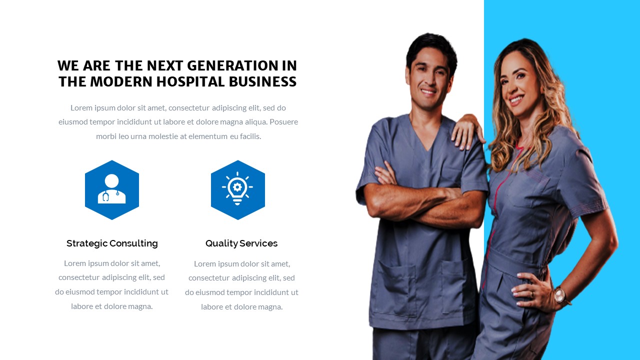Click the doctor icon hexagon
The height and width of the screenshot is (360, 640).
point(112,190)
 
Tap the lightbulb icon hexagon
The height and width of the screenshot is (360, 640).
point(238,190)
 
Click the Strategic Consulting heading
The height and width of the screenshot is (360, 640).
point(112,243)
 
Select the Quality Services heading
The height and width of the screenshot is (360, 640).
point(241,243)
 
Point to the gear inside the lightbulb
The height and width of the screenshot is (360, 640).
point(237,186)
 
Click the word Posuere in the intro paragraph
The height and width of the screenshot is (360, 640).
point(283,121)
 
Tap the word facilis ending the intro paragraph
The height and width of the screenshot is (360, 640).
point(251,136)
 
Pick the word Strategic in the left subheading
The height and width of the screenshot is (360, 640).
point(86,243)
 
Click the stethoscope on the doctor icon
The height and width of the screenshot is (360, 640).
point(106,196)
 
